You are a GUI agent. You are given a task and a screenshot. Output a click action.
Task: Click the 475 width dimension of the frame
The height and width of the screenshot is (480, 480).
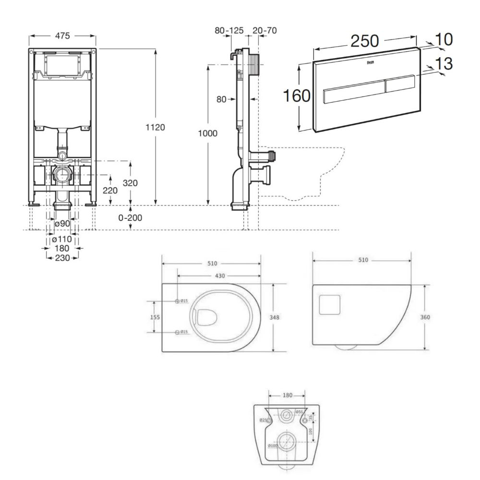point(62,36)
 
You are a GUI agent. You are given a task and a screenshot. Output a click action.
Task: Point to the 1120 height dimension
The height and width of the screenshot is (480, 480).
point(155,127)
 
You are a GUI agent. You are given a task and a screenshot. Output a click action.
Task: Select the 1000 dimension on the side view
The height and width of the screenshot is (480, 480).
point(208,133)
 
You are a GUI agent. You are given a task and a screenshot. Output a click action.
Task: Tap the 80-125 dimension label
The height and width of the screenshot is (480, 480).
point(229,31)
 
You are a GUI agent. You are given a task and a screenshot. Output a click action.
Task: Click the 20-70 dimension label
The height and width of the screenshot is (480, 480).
point(264,31)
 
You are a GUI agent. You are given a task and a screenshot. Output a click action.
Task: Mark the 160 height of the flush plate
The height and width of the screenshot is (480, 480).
point(296,96)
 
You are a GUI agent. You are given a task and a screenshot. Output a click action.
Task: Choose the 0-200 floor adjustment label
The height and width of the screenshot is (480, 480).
point(130,217)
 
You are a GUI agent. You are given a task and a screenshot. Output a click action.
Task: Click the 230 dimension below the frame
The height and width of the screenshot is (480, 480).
point(62,258)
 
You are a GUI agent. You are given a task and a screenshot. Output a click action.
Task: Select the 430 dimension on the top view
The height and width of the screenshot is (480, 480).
point(219,276)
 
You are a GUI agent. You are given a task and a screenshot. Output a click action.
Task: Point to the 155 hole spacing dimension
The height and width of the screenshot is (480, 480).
point(154,317)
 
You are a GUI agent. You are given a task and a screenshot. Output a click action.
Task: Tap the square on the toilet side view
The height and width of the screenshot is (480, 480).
point(330,305)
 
